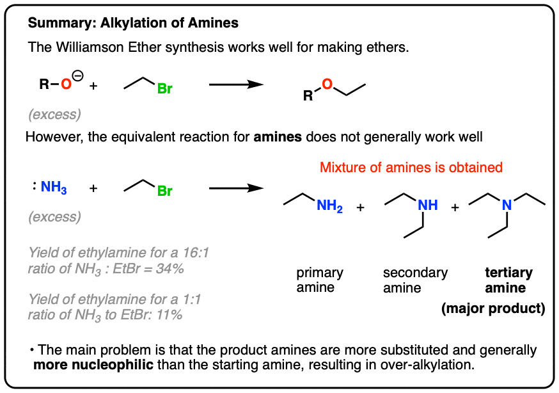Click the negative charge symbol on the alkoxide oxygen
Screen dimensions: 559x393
[77, 76]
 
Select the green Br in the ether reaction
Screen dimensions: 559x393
[165, 89]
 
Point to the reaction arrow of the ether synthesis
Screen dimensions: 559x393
[236, 84]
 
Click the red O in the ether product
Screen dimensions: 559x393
[327, 84]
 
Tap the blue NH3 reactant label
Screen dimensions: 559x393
[54, 187]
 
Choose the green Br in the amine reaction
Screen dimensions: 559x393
[165, 191]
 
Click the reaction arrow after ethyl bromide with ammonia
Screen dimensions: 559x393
[236, 188]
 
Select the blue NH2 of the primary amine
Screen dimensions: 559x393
[330, 205]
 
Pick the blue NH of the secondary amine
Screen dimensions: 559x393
[427, 205]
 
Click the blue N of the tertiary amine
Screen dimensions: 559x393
[507, 205]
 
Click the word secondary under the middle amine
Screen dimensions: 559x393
[415, 273]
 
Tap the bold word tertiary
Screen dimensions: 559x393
[508, 273]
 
